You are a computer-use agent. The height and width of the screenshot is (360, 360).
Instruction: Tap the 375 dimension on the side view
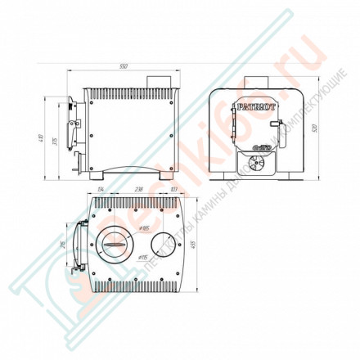(x=54, y=142)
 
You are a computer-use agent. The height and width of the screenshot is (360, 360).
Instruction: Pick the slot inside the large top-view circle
(x=115, y=243)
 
